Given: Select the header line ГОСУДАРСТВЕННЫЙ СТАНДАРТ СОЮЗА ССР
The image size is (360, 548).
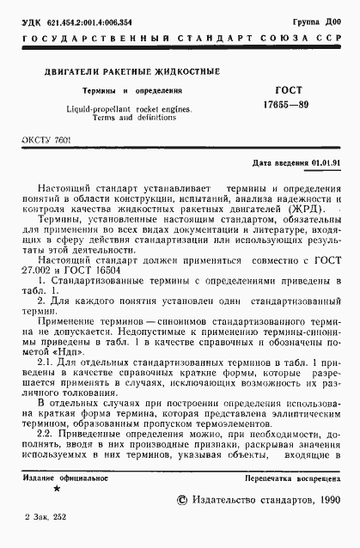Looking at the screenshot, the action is pos(180,40).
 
